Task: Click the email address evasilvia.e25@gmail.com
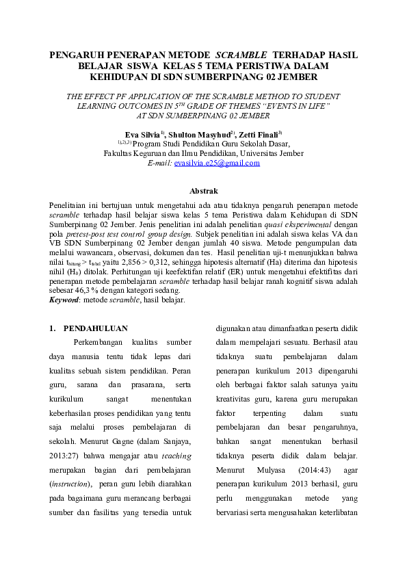coord(218,163)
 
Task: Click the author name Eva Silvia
coord(141,135)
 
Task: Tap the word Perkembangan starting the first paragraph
coord(100,343)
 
